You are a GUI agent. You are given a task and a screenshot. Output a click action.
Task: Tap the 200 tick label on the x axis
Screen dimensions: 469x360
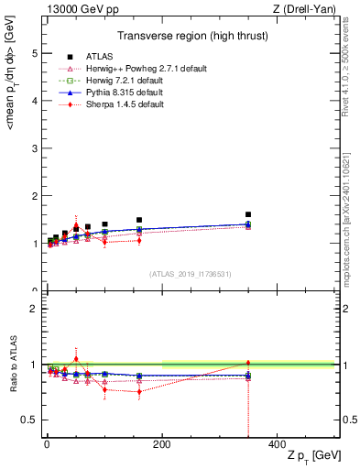pyautogui.click(x=161, y=443)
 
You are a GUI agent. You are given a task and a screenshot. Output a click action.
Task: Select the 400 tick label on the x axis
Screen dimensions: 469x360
pyautogui.click(x=277, y=443)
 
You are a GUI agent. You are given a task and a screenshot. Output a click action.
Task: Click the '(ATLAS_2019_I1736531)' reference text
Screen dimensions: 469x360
pyautogui.click(x=191, y=274)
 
